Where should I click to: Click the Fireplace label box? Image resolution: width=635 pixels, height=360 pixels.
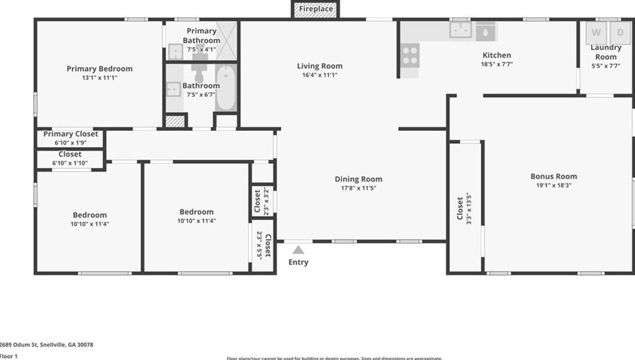coord(316,9)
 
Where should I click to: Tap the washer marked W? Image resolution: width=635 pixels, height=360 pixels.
coord(596,32)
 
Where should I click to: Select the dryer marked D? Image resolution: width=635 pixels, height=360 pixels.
coord(619,32)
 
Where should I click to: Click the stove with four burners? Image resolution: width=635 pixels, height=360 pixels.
coord(409,55)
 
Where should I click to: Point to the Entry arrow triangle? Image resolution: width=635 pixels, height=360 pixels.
coord(298,250)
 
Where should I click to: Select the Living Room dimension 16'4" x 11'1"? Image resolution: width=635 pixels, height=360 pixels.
coord(319,75)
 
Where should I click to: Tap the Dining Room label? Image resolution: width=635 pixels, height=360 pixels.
coord(358,179)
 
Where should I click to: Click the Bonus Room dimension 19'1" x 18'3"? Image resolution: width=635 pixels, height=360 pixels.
coord(554,185)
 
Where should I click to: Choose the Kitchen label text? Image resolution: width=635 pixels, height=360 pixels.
coord(497,55)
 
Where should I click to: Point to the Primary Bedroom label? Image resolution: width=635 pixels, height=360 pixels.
coord(99,68)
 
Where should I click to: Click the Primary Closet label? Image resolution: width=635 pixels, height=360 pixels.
coord(71,134)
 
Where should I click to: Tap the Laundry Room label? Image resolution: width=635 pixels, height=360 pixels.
coord(605,52)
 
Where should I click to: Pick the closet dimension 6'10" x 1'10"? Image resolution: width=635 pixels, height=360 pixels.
coord(70,163)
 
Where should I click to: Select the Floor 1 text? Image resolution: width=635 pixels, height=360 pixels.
coord(8,356)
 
